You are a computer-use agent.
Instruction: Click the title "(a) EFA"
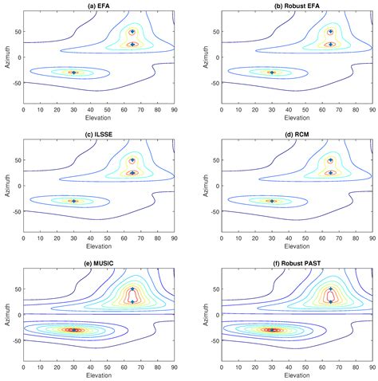pyautogui.click(x=98, y=6)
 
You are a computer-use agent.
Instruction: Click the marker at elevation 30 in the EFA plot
pyautogui.click(x=73, y=73)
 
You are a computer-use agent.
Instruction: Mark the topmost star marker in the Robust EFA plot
pyautogui.click(x=330, y=32)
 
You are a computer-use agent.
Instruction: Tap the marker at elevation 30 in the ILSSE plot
pyautogui.click(x=73, y=201)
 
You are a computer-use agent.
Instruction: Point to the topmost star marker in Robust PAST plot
pyautogui.click(x=330, y=289)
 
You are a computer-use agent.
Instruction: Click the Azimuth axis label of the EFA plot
pyautogui.click(x=6, y=57)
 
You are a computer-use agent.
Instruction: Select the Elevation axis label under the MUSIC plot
pyautogui.click(x=98, y=375)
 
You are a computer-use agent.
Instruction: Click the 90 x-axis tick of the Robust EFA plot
pyautogui.click(x=371, y=109)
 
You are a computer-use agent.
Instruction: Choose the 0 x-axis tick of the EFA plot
pyautogui.click(x=23, y=109)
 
